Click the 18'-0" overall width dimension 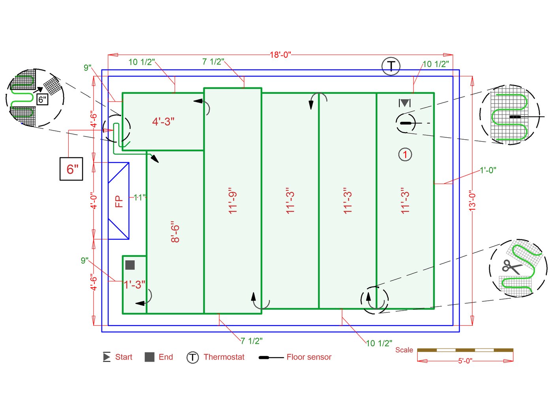pyautogui.click(x=280, y=55)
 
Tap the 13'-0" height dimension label pyautogui.click(x=472, y=202)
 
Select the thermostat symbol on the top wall pyautogui.click(x=391, y=66)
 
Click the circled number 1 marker pyautogui.click(x=405, y=154)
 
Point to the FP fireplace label pyautogui.click(x=118, y=201)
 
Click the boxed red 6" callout pyautogui.click(x=71, y=169)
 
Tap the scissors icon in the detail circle pyautogui.click(x=512, y=267)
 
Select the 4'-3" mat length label pyautogui.click(x=163, y=121)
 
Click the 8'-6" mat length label pyautogui.click(x=175, y=232)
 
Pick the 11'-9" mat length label pyautogui.click(x=233, y=201)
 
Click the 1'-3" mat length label pyautogui.click(x=135, y=284)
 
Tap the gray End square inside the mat pyautogui.click(x=130, y=265)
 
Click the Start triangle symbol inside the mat pyautogui.click(x=405, y=103)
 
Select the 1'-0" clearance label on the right pyautogui.click(x=488, y=170)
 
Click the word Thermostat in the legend pyautogui.click(x=224, y=357)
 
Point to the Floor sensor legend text pyautogui.click(x=309, y=357)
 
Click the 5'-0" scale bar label pyautogui.click(x=465, y=361)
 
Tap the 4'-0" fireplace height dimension pyautogui.click(x=94, y=201)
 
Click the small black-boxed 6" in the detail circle pyautogui.click(x=42, y=99)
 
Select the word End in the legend pyautogui.click(x=166, y=357)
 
